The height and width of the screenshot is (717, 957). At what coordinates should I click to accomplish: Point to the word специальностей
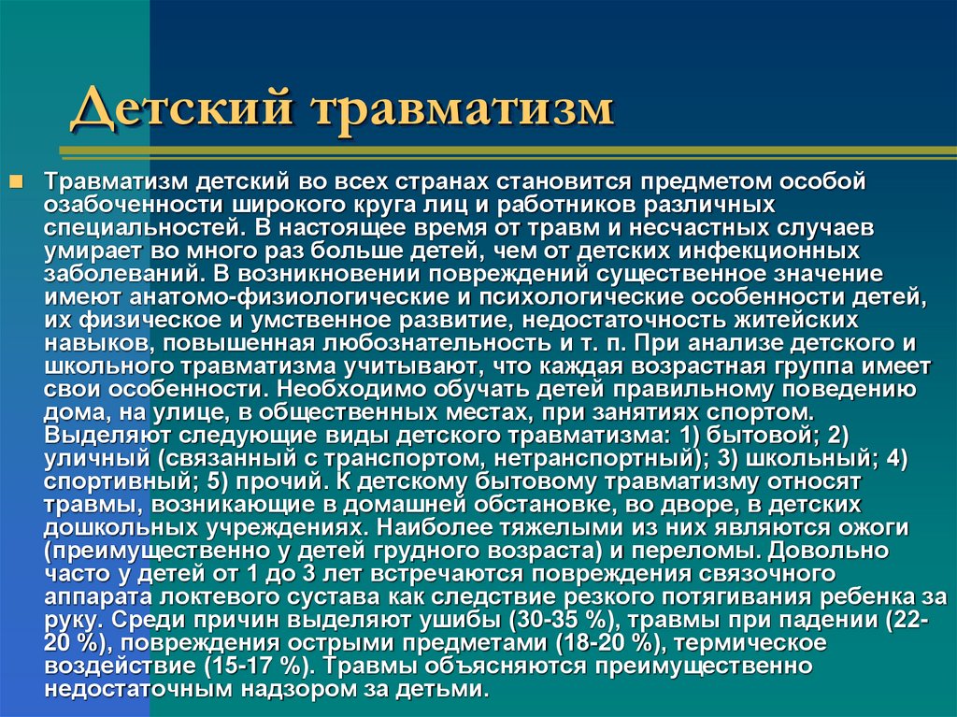click(132, 227)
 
